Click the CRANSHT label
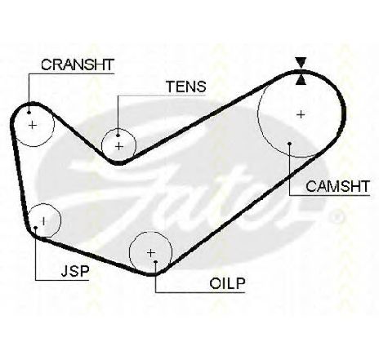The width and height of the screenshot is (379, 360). (77, 64)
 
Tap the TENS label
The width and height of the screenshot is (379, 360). (186, 87)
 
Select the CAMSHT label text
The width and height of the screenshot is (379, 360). (337, 186)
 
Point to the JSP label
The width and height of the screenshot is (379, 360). (75, 271)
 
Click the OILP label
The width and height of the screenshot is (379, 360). (227, 283)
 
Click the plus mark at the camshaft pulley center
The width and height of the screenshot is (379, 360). (301, 114)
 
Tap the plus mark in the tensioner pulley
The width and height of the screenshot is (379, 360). (119, 147)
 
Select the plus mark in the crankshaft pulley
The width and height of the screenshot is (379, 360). (33, 125)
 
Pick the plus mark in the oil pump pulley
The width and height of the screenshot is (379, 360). (150, 253)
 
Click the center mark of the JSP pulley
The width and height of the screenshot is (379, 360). (43, 221)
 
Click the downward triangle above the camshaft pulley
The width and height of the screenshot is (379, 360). (301, 63)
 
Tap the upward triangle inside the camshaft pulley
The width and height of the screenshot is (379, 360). (301, 79)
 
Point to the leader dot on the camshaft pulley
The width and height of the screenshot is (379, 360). (290, 144)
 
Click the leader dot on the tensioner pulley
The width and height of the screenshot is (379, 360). (118, 135)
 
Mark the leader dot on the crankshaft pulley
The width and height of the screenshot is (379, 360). (29, 112)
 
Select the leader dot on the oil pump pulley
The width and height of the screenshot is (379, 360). (155, 262)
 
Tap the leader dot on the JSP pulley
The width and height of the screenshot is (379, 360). (36, 228)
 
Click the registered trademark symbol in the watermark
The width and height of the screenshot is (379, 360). (336, 217)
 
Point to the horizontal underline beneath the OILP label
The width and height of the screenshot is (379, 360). (200, 292)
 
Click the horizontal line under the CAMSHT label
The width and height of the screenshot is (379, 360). (330, 195)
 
